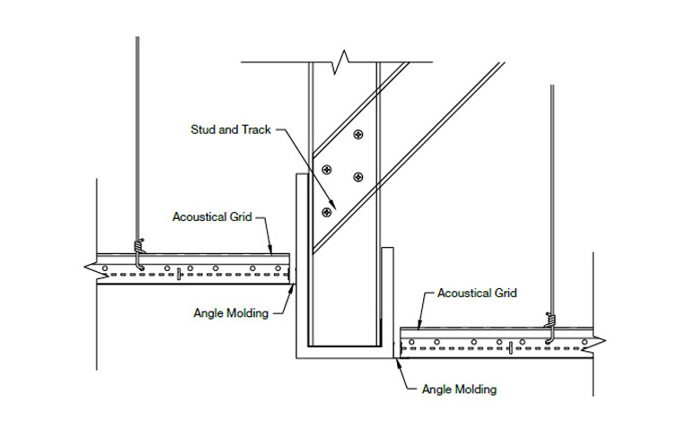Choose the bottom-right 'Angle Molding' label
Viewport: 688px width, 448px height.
[459, 390]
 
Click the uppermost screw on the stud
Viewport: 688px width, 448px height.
[358, 135]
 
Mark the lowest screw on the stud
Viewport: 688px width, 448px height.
[325, 212]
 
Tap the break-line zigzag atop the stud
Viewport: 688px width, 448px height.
[341, 64]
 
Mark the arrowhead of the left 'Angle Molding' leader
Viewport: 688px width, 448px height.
[293, 285]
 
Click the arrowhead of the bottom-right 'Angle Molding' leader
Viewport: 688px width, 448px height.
[397, 362]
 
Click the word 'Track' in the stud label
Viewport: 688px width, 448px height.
[256, 130]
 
